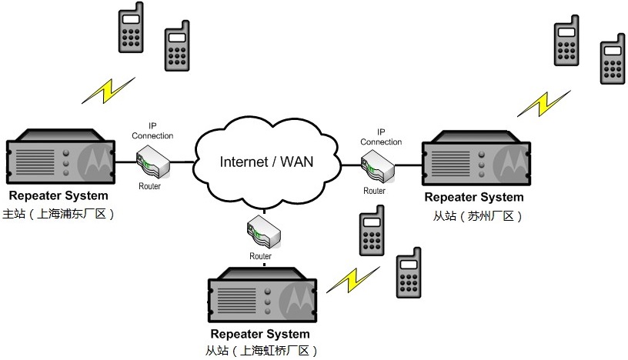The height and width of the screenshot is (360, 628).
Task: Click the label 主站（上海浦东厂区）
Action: click(x=59, y=215)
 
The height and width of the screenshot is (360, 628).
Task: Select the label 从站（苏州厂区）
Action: click(x=478, y=216)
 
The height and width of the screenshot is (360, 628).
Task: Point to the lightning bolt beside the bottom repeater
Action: click(x=352, y=278)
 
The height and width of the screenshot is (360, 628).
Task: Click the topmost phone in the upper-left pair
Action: click(x=130, y=28)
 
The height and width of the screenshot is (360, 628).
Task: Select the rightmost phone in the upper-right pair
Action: click(x=613, y=59)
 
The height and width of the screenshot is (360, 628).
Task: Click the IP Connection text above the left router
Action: click(x=152, y=131)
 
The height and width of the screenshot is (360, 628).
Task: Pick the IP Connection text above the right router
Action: click(x=381, y=137)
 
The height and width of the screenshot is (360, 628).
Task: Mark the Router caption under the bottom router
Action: click(x=260, y=256)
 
